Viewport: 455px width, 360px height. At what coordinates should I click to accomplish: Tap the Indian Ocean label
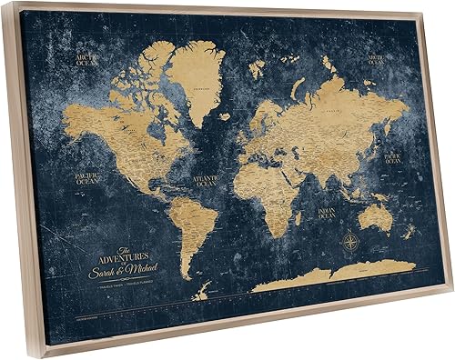coord(326,215)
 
